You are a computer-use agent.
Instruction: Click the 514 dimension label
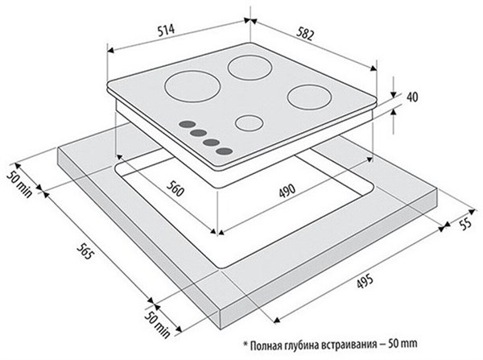pos(166,31)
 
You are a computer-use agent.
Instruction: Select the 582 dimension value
pos(305,34)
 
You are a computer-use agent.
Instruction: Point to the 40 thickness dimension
pos(412,97)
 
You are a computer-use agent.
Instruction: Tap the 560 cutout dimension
pos(175,188)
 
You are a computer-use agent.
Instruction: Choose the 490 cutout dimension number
pos(287,191)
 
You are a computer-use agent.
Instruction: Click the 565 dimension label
pos(85,251)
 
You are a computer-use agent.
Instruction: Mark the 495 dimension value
pos(365,281)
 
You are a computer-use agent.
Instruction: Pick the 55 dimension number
pos(465,223)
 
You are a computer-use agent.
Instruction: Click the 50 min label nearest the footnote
pos(157,325)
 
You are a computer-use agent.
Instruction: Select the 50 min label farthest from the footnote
pos(19,184)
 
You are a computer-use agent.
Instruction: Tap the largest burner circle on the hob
pos(193,86)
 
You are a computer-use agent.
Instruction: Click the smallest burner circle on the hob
pos(250,122)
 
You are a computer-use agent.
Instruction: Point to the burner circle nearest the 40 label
pos(309,97)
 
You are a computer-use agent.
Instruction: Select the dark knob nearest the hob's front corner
pos(224,151)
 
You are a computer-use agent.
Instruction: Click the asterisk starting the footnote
pos(246,344)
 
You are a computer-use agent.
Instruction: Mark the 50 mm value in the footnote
pos(404,343)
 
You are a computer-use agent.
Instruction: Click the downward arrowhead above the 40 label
pos(394,94)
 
